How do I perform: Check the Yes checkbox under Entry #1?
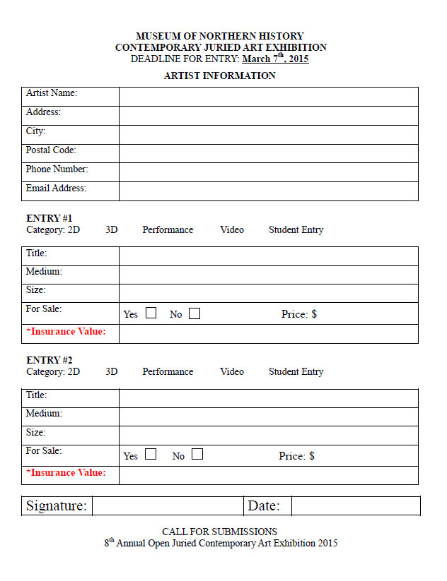pyautogui.click(x=151, y=313)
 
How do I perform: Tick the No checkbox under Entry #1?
pyautogui.click(x=194, y=313)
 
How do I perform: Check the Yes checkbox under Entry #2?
pyautogui.click(x=151, y=455)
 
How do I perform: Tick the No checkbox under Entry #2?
pyautogui.click(x=197, y=455)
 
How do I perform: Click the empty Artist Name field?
pyautogui.click(x=268, y=97)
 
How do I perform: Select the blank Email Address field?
pyautogui.click(x=268, y=191)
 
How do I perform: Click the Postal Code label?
pyautogui.click(x=51, y=150)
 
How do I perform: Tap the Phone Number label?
pyautogui.click(x=57, y=169)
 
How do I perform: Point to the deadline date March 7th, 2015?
pyautogui.click(x=275, y=59)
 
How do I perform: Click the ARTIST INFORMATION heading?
pyautogui.click(x=219, y=76)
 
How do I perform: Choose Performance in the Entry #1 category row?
pyautogui.click(x=168, y=230)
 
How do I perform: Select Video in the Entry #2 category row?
pyautogui.click(x=232, y=372)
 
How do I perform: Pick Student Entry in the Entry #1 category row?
pyautogui.click(x=296, y=230)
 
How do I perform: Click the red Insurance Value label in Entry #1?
pyautogui.click(x=66, y=331)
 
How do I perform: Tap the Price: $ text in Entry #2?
pyautogui.click(x=296, y=456)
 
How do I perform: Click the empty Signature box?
pyautogui.click(x=167, y=506)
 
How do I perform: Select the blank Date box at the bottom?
pyautogui.click(x=355, y=506)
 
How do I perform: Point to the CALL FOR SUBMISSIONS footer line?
pyautogui.click(x=219, y=532)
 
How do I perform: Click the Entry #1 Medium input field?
pyautogui.click(x=268, y=275)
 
